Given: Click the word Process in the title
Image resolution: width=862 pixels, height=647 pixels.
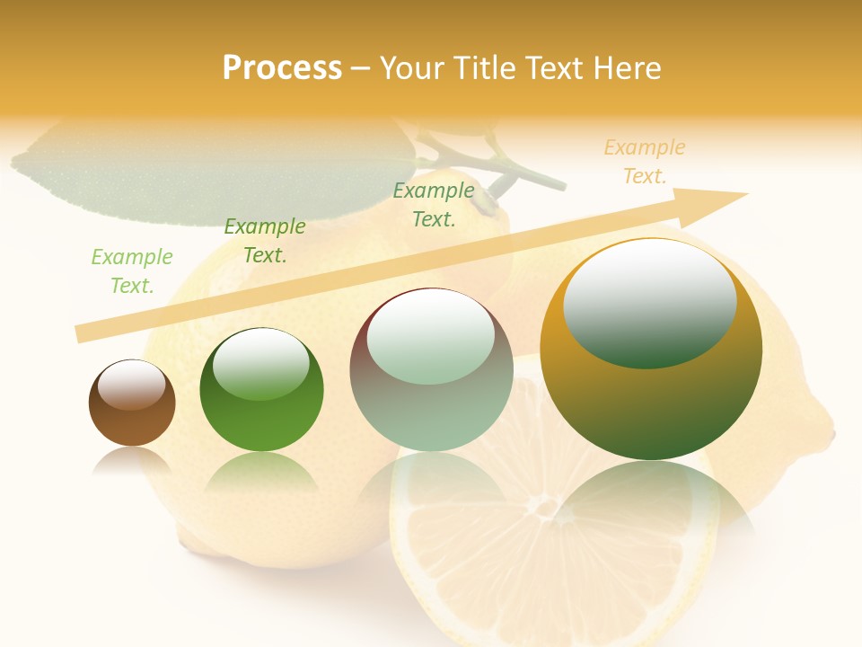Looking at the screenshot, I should click(x=282, y=68).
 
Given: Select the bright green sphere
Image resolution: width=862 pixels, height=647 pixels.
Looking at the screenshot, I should click(x=261, y=390).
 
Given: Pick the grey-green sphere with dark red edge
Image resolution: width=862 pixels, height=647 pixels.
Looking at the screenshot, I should click(x=431, y=369).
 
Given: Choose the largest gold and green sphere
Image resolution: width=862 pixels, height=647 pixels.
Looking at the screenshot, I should click(x=651, y=350).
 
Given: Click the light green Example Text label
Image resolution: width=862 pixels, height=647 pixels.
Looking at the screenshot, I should click(x=132, y=271).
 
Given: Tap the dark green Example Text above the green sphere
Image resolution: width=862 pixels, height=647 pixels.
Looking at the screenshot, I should click(x=265, y=241).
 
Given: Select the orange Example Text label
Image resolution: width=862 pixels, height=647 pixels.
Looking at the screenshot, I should click(x=645, y=162).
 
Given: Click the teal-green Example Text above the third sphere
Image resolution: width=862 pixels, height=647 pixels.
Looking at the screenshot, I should click(x=434, y=204).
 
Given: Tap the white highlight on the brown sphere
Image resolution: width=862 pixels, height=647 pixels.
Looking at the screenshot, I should click(x=131, y=385).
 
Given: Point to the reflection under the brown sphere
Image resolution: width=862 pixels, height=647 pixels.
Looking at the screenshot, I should click(x=132, y=459).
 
